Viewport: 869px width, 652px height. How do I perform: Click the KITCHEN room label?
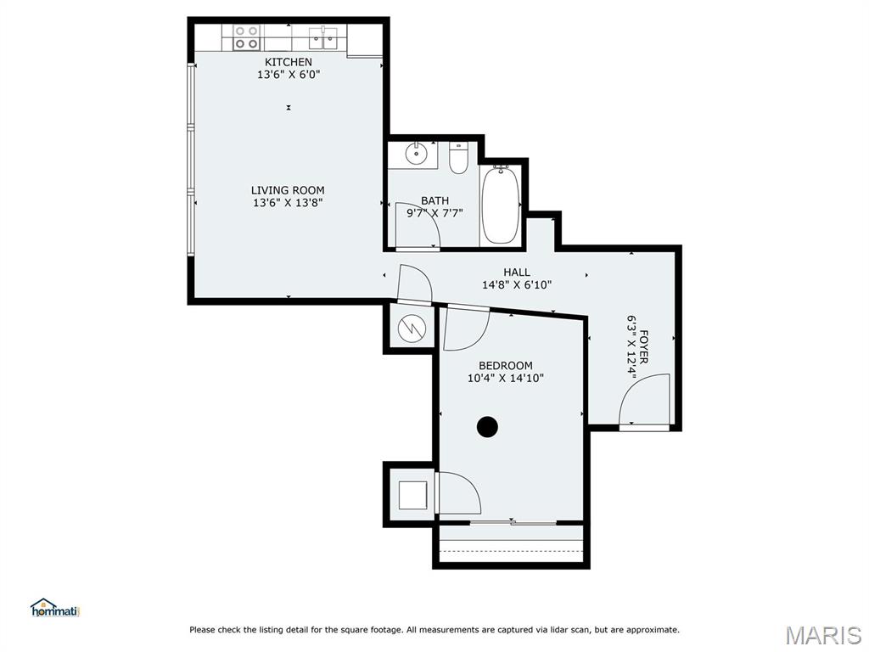[288, 62]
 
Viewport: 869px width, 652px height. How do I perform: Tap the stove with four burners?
[246, 37]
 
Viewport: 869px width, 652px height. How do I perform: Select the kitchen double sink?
[324, 37]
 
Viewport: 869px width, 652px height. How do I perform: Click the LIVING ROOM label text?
[288, 190]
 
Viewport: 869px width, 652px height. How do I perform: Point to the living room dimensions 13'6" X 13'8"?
[288, 203]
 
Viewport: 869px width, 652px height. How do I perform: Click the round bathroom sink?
[416, 155]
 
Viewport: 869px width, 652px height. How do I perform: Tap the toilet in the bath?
[458, 159]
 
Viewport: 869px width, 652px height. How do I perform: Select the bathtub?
[501, 205]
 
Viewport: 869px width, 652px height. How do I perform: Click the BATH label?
[434, 200]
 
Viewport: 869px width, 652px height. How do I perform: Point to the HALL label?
[517, 273]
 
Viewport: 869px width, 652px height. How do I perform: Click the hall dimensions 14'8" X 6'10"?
[517, 285]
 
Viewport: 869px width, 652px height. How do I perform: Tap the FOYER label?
[644, 347]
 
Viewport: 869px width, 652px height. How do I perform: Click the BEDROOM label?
[506, 366]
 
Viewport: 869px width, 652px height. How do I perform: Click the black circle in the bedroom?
[487, 427]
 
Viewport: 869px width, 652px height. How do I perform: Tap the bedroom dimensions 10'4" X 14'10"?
[506, 379]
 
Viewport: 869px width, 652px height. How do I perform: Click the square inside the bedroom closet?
[412, 494]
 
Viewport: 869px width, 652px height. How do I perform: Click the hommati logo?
[54, 608]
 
